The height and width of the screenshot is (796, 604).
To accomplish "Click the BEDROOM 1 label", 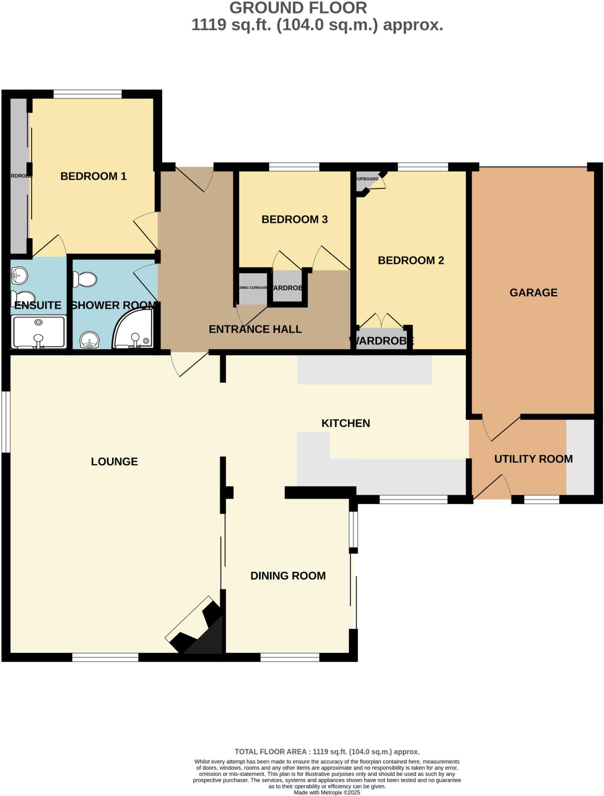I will click(x=93, y=176).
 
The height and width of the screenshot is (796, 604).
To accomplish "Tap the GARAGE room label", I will click(x=533, y=292).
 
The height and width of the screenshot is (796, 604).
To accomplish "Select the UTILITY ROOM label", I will click(x=533, y=459).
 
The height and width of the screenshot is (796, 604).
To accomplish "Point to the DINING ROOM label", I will click(x=288, y=576).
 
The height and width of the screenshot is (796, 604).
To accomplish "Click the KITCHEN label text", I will click(x=346, y=423).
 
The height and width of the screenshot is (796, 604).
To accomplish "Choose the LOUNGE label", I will click(x=114, y=461).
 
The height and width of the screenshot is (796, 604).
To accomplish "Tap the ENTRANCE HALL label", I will click(x=255, y=329).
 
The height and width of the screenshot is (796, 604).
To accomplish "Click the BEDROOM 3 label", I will click(x=294, y=219).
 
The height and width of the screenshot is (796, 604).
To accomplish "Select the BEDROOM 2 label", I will click(x=411, y=260).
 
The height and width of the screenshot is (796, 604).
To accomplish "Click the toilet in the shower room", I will click(x=85, y=279).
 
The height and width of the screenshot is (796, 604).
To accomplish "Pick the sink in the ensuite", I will click(x=18, y=276).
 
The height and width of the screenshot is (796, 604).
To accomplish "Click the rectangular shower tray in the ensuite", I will click(x=38, y=332).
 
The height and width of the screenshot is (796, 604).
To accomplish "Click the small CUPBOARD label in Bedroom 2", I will click(x=367, y=179).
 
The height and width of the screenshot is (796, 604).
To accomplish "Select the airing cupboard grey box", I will click(x=252, y=288).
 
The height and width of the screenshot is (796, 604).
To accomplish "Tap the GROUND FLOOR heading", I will click(x=298, y=8).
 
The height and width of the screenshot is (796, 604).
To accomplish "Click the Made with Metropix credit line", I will click(x=327, y=792).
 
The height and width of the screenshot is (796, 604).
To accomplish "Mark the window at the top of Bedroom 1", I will click(x=87, y=94).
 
